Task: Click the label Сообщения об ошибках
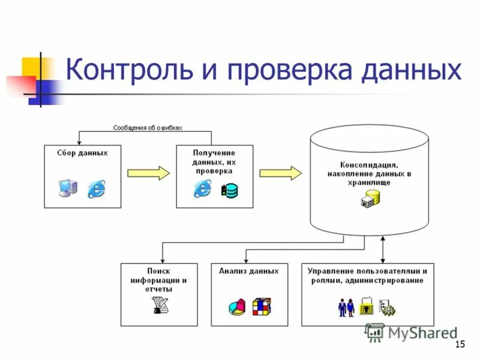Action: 148,127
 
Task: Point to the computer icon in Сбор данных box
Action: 67,188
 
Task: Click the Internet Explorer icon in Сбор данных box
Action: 96,188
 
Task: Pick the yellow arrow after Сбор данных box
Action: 148,173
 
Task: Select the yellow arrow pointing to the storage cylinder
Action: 280,173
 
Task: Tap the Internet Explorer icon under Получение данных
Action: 202,188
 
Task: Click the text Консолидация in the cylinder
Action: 369,164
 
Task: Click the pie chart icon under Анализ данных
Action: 237,308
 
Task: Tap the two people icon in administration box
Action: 346,307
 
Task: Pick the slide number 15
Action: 460,344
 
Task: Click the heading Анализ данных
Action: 248,271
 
